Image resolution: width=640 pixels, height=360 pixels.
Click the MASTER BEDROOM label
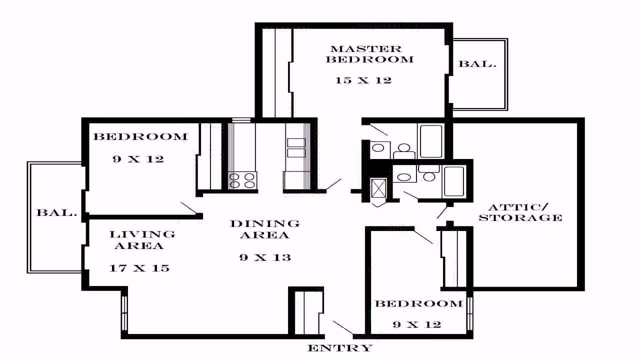pyautogui.click(x=369, y=54)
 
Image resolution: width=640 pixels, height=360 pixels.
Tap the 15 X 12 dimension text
pyautogui.click(x=363, y=80)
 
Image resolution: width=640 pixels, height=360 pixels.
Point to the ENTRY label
pyautogui.click(x=340, y=348)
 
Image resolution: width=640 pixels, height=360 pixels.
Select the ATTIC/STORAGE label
pyautogui.click(x=520, y=212)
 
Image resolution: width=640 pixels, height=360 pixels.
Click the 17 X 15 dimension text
pyautogui.click(x=139, y=268)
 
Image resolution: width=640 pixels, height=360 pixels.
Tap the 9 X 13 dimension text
pyautogui.click(x=265, y=257)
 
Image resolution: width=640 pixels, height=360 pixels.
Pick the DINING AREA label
pyautogui.click(x=265, y=229)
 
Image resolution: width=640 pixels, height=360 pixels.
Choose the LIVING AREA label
pyautogui.click(x=142, y=240)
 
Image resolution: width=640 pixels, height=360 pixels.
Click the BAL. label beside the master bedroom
pyautogui.click(x=477, y=63)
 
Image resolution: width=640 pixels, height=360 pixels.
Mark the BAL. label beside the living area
pyautogui.click(x=57, y=212)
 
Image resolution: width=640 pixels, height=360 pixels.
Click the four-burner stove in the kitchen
pyautogui.click(x=242, y=180)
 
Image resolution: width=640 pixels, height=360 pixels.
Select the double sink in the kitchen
pyautogui.click(x=296, y=147)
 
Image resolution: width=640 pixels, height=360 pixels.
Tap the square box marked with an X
pyautogui.click(x=378, y=187)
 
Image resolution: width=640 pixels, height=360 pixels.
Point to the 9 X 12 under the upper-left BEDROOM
pyautogui.click(x=138, y=159)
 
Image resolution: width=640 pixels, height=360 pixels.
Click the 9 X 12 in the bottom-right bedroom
pyautogui.click(x=417, y=324)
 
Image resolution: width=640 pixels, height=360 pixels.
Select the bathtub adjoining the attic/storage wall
pyautogui.click(x=453, y=181)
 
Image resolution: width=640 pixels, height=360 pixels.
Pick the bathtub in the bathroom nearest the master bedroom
pyautogui.click(x=431, y=141)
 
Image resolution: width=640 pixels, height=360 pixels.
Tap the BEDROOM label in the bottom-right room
pyautogui.click(x=419, y=303)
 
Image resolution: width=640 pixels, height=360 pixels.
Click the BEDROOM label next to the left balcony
pyautogui.click(x=140, y=136)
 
